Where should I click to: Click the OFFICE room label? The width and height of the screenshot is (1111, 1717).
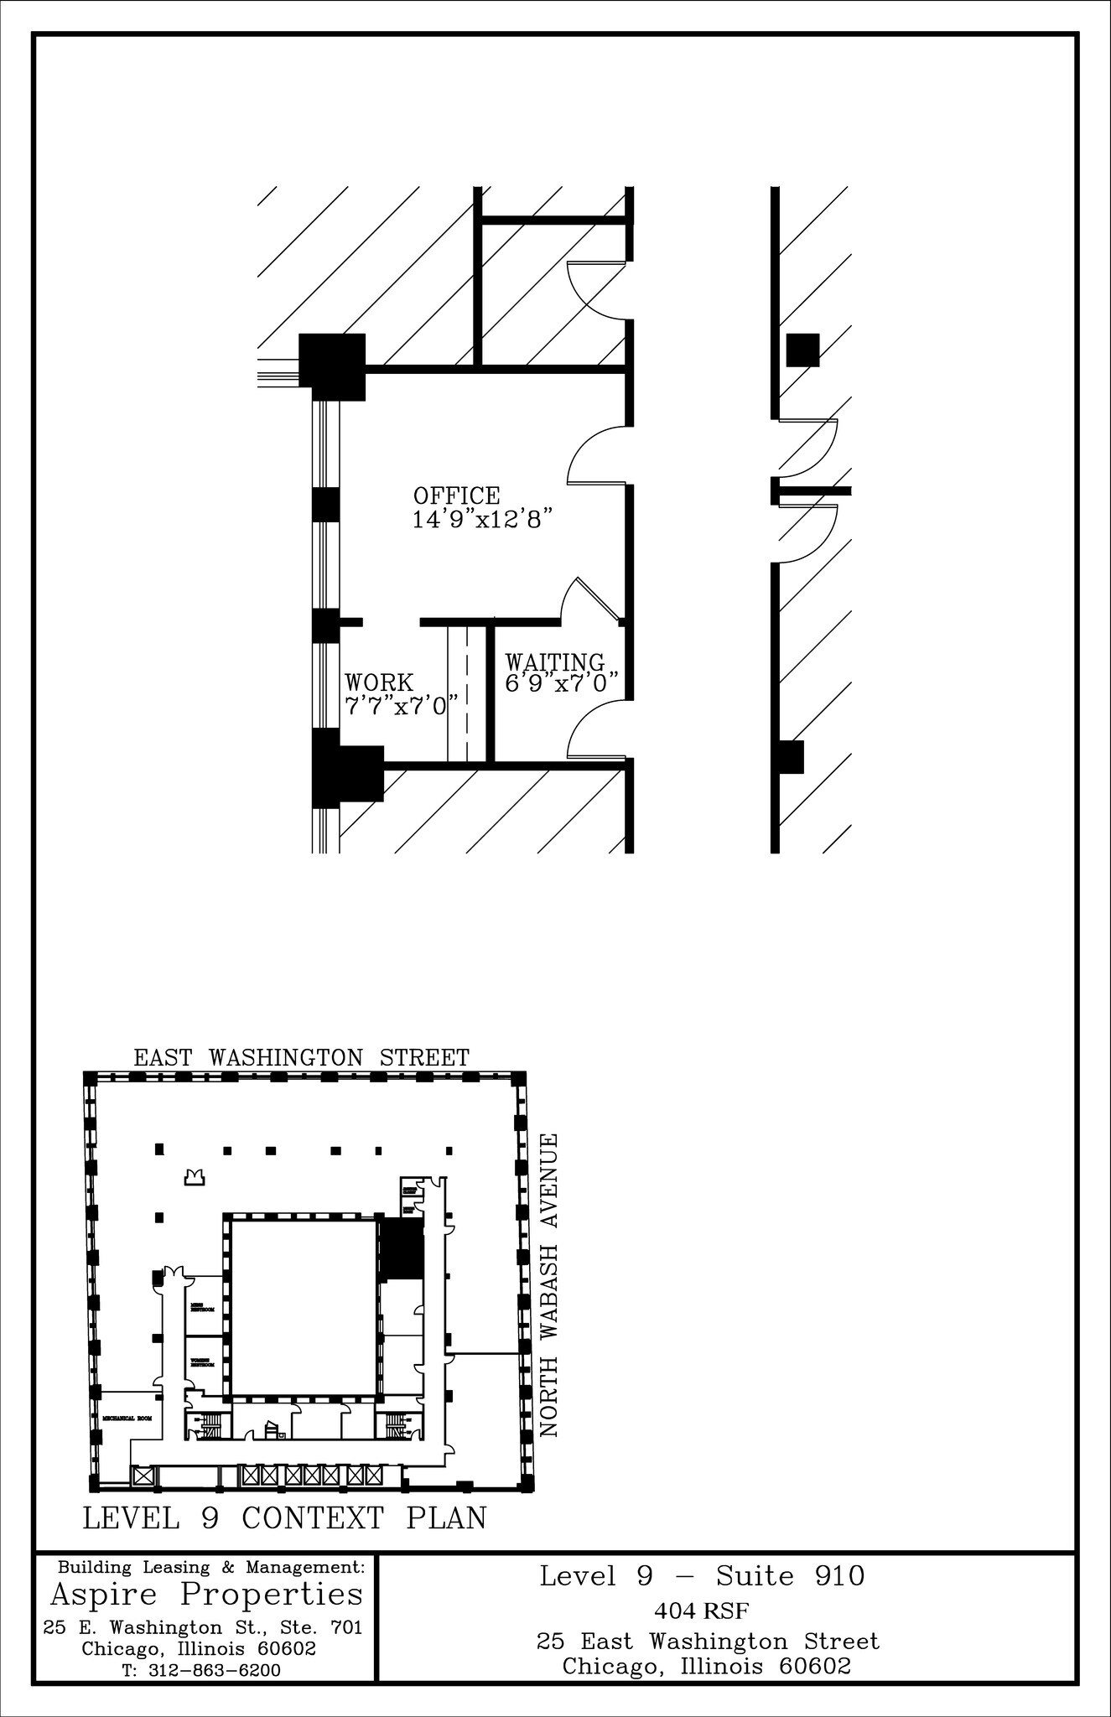coord(456,495)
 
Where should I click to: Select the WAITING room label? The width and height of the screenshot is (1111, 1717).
coord(554,663)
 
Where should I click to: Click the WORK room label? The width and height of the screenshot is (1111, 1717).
coord(379,682)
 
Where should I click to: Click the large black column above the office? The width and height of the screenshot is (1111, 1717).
coord(333,366)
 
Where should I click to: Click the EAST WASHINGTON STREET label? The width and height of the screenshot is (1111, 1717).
coord(301,1058)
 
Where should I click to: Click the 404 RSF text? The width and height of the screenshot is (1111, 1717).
coord(701,1611)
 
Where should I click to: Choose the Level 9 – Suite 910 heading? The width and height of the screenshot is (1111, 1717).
coord(701,1577)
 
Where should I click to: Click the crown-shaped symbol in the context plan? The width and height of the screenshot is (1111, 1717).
coord(195,1177)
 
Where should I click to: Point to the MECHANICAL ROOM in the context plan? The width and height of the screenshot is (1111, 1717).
coord(127,1419)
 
